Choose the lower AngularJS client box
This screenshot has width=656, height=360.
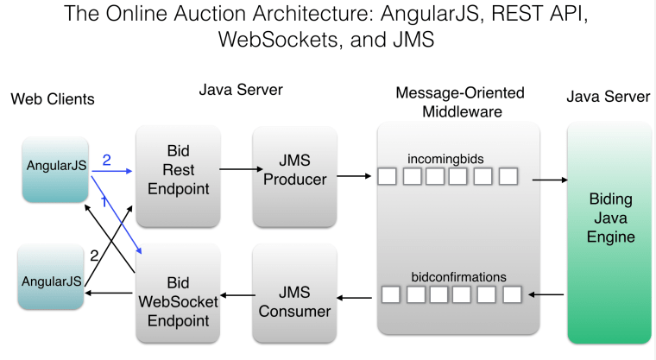click(x=51, y=281)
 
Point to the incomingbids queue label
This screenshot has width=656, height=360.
click(x=445, y=159)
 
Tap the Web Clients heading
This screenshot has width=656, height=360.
click(x=53, y=99)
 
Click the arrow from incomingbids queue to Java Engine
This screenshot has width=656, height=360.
click(x=549, y=180)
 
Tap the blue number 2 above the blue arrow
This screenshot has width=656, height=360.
click(x=107, y=160)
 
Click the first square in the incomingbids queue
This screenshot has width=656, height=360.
click(x=388, y=177)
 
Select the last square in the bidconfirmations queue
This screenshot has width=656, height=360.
click(x=512, y=294)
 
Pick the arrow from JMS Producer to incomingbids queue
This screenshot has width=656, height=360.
click(x=355, y=177)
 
